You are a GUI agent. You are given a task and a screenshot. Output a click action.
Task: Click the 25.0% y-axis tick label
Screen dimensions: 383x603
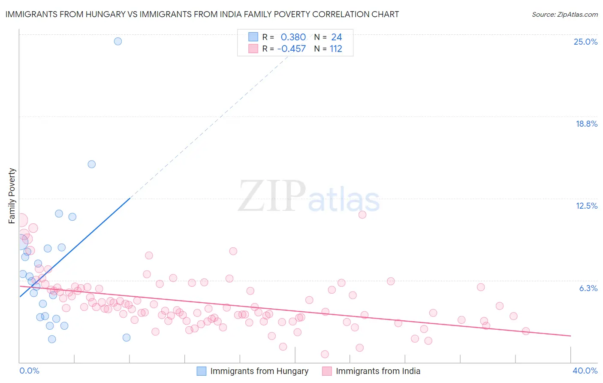pyautogui.click(x=585, y=42)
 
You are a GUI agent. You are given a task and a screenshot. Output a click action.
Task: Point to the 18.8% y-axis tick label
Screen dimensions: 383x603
pyautogui.click(x=586, y=124)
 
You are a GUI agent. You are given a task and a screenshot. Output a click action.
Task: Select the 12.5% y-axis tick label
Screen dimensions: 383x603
pyautogui.click(x=586, y=206)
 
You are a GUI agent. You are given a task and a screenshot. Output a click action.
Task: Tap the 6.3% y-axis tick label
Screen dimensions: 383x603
pyautogui.click(x=588, y=288)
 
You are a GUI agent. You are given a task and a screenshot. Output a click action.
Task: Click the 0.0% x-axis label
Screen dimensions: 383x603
pyautogui.click(x=29, y=371)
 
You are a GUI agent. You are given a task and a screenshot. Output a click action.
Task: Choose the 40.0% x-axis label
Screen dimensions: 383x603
pyautogui.click(x=585, y=371)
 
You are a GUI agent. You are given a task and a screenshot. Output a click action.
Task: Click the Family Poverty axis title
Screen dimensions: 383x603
pyautogui.click(x=12, y=196)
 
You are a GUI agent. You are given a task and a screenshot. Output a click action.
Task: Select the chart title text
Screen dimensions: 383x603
pyautogui.click(x=202, y=14)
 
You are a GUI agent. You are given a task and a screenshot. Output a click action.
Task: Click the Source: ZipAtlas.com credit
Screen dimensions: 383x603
pyautogui.click(x=564, y=14)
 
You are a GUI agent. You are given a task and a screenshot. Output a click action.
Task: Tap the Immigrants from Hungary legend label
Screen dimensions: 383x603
pyautogui.click(x=259, y=371)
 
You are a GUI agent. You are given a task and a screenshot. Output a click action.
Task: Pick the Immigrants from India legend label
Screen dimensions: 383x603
pyautogui.click(x=378, y=371)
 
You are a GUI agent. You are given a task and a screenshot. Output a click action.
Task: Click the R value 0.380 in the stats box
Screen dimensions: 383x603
pyautogui.click(x=293, y=37)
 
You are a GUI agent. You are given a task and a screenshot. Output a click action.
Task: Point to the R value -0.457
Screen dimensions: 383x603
pyautogui.click(x=291, y=49)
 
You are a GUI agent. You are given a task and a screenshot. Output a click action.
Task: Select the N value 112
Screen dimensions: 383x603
pyautogui.click(x=336, y=49)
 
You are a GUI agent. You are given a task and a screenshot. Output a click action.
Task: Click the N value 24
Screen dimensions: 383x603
pyautogui.click(x=336, y=37)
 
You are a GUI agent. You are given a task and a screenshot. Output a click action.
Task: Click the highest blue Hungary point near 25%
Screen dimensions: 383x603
pyautogui.click(x=118, y=41)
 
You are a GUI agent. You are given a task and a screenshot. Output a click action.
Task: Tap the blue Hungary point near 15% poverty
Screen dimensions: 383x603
pyautogui.click(x=91, y=164)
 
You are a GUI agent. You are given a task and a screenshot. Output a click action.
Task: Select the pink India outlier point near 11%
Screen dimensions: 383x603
pyautogui.click(x=362, y=215)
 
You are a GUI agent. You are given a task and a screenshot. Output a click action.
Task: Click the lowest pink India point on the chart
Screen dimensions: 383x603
pyautogui.click(x=325, y=354)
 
